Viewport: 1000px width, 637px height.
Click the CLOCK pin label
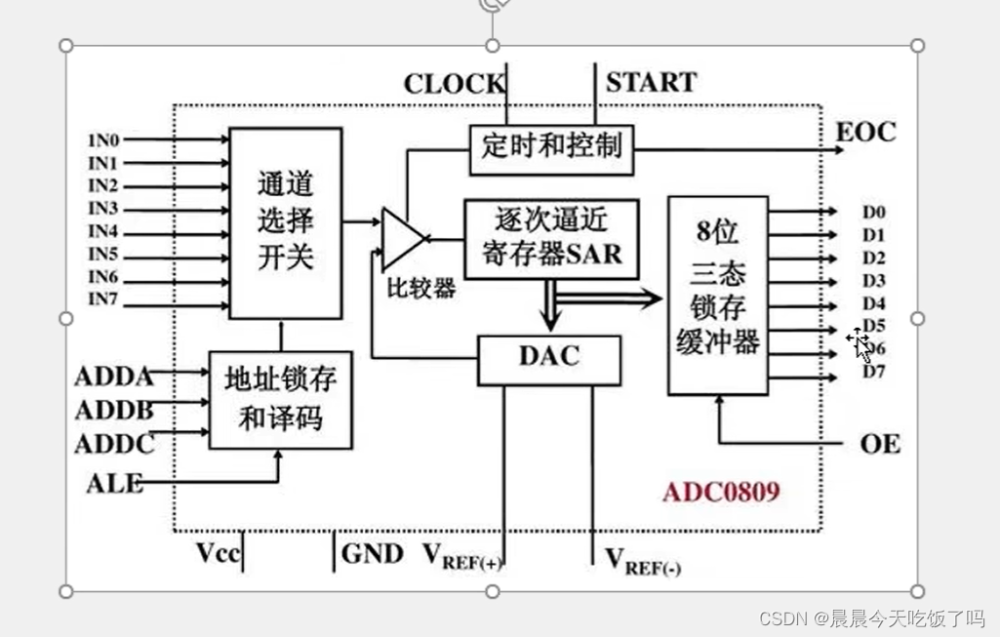point(454,84)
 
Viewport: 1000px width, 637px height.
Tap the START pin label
point(651,82)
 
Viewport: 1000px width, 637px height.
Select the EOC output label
point(865,132)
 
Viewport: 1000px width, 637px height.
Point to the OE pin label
point(879,445)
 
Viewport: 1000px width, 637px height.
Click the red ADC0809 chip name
point(721,491)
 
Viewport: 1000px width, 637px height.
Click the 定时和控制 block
point(551,148)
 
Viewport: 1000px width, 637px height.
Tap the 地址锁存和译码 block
point(281,400)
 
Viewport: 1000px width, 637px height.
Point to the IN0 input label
point(102,139)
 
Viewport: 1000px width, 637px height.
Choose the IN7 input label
point(102,299)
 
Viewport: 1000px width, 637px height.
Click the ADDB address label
point(114,410)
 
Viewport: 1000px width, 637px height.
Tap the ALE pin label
point(114,482)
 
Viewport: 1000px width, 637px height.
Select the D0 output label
point(873,212)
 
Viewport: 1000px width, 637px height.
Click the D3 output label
point(873,281)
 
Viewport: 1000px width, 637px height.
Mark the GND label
point(372,554)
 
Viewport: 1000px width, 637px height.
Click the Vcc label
point(217,553)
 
